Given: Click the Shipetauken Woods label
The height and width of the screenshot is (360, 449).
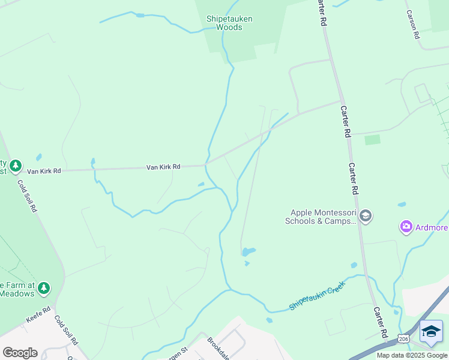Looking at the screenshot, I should point(229,23).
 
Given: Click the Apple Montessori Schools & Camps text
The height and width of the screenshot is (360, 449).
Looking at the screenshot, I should point(323,216).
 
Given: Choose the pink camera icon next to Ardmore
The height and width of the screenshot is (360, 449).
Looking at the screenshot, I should point(406,227).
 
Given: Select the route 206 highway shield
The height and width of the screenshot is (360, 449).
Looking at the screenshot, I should point(405,339).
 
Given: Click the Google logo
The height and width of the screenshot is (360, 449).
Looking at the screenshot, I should point(20,352).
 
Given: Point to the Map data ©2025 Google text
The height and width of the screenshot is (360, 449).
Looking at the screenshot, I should point(412,355).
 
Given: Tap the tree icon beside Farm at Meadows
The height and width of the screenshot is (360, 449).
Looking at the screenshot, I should point(43,289).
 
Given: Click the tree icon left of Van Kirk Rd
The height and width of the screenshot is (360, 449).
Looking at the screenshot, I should point(15,166).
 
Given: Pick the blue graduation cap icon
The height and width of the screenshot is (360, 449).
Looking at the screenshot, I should point(431,331).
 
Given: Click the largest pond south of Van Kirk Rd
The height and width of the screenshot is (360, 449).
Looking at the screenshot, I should point(248,251).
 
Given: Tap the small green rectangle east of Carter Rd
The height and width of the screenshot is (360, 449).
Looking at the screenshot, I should point(373,140).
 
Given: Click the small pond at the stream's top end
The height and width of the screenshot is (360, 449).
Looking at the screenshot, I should point(140,15).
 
